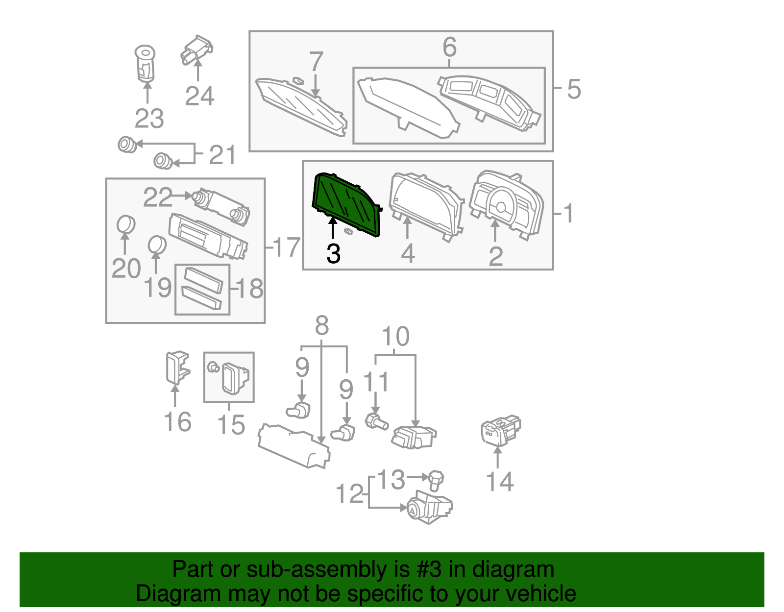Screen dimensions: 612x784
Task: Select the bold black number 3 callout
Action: (333, 254)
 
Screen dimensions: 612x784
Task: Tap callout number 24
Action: (199, 96)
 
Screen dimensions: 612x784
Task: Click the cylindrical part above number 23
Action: (145, 63)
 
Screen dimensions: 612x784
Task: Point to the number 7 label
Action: (316, 62)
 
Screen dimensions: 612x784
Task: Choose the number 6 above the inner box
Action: (449, 48)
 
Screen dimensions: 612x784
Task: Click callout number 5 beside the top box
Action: (574, 90)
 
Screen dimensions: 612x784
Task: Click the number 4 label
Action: (408, 254)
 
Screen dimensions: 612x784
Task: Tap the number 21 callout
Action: (222, 155)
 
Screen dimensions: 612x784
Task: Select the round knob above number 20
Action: (126, 224)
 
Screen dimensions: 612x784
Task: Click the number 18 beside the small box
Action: (250, 289)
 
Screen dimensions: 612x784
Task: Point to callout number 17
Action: (287, 247)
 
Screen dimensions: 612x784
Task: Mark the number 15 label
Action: (231, 425)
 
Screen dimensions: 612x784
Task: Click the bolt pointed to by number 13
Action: (435, 480)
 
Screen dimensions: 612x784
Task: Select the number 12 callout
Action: (350, 494)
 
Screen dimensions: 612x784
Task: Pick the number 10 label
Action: (395, 337)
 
